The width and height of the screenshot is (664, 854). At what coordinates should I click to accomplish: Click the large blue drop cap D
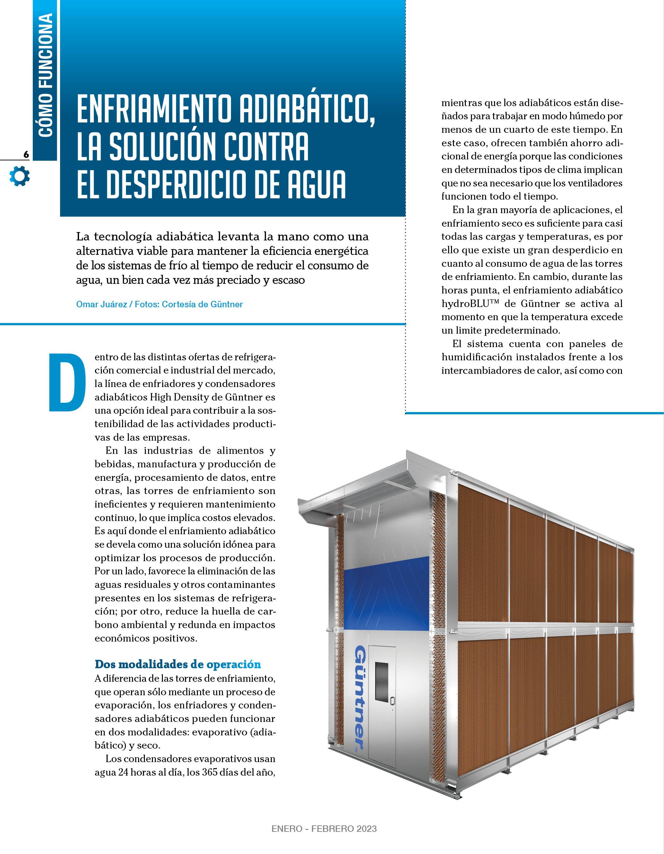click(66, 382)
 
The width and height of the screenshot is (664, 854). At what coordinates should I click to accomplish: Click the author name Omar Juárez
click(101, 304)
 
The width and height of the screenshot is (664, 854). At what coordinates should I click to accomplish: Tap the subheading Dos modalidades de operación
click(178, 664)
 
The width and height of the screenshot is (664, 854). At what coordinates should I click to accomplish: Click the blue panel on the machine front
click(387, 594)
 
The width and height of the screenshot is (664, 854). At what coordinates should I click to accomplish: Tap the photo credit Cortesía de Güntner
click(202, 304)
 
